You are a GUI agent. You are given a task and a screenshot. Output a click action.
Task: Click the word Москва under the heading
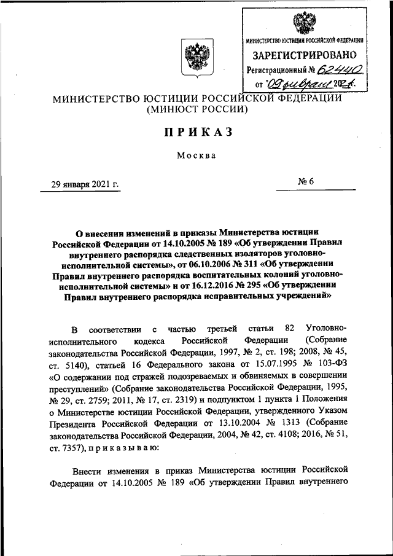click(x=196, y=155)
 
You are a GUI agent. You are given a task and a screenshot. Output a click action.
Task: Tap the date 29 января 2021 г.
click(x=85, y=183)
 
